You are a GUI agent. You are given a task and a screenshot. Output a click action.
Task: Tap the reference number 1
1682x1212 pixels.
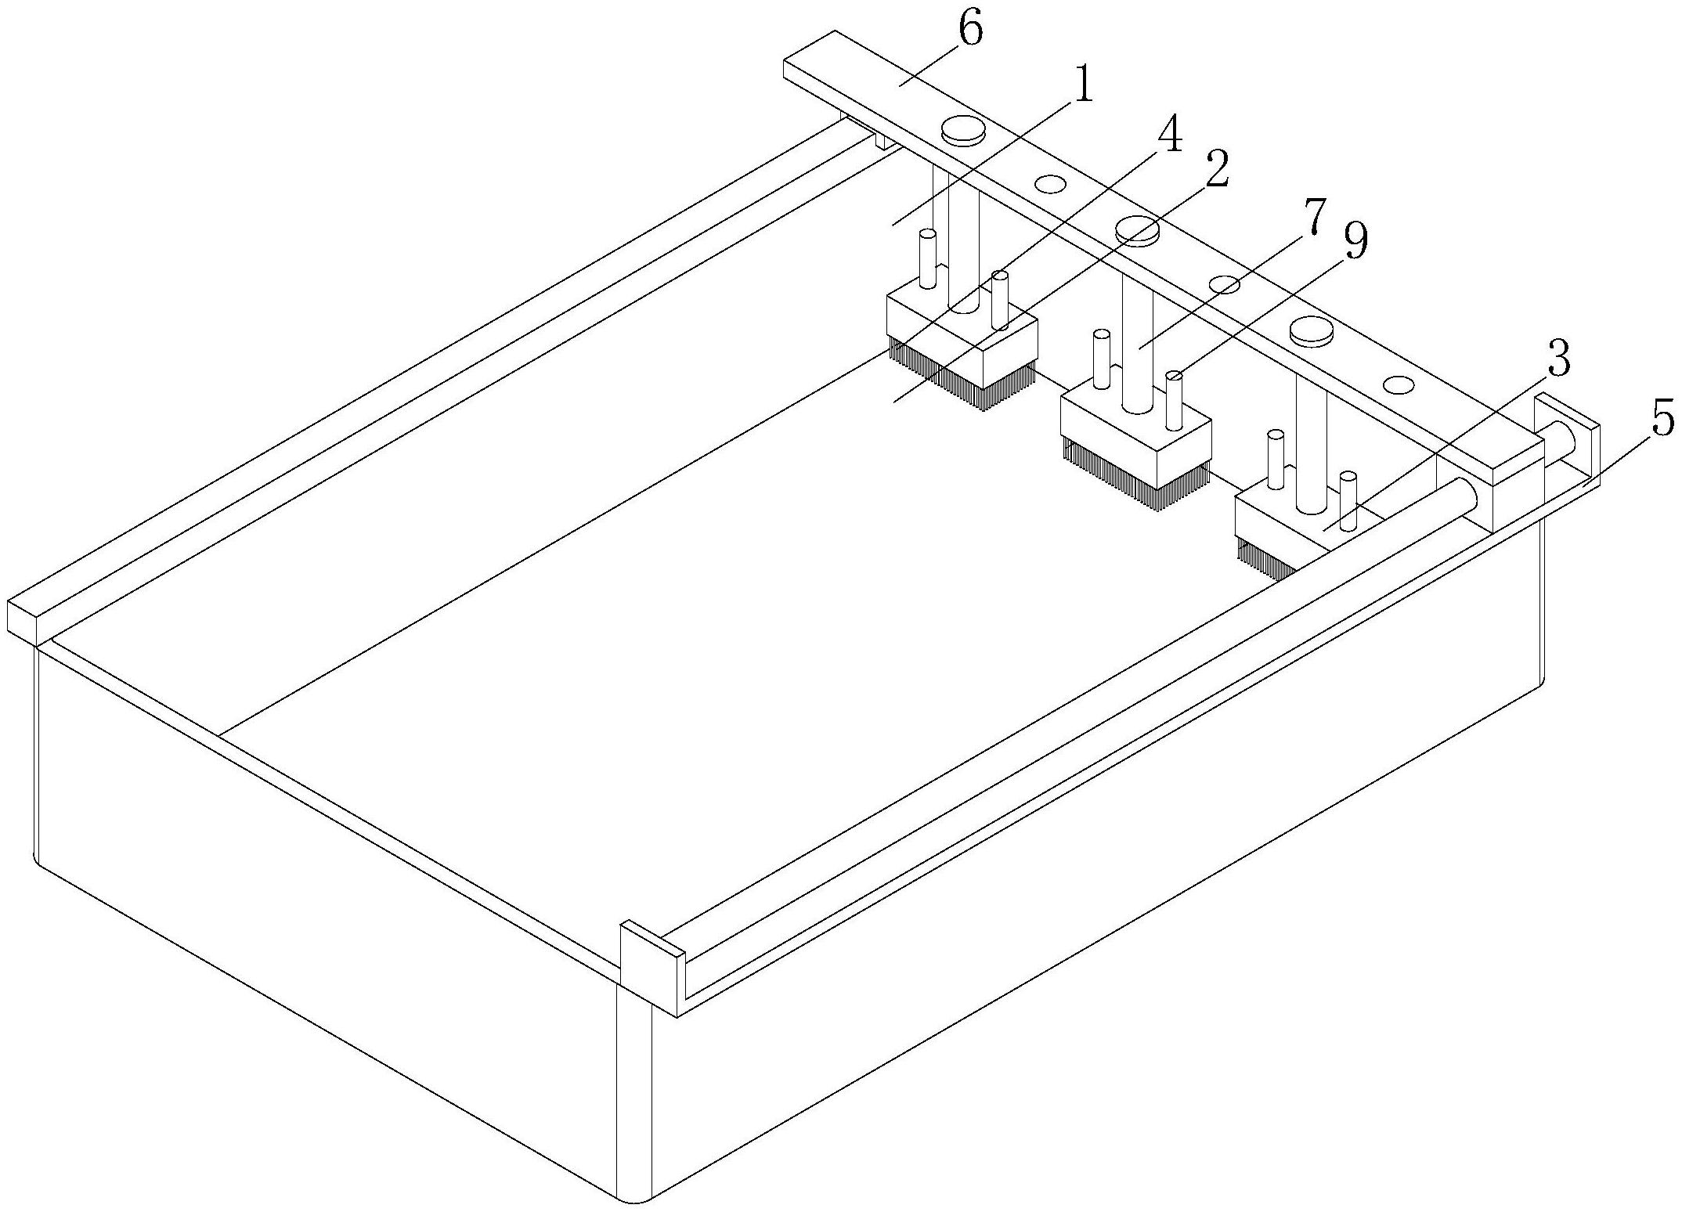(x=1082, y=88)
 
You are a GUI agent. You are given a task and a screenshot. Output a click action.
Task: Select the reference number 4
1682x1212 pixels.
(x=1168, y=137)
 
